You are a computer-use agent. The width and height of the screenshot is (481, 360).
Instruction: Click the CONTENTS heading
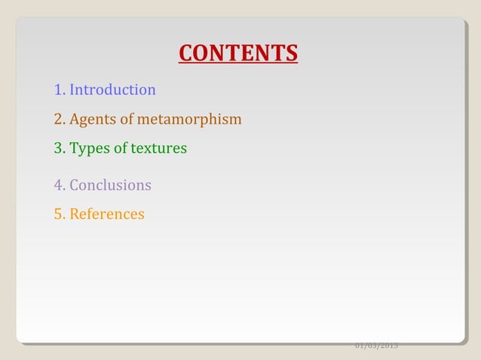pyautogui.click(x=238, y=54)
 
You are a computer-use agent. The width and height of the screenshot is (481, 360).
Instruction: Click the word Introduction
pyautogui.click(x=112, y=90)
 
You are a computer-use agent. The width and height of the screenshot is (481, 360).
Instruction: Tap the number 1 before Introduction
pyautogui.click(x=59, y=90)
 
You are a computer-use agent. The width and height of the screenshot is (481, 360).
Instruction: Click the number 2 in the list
pyautogui.click(x=59, y=120)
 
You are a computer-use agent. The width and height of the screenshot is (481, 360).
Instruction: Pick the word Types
pyautogui.click(x=89, y=149)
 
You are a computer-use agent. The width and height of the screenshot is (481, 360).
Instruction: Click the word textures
pyautogui.click(x=159, y=149)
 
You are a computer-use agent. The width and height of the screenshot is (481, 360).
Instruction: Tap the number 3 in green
pyautogui.click(x=59, y=149)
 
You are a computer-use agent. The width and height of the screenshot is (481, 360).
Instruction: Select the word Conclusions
pyautogui.click(x=110, y=185)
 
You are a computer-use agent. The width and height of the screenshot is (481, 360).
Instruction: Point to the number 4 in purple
pyautogui.click(x=59, y=185)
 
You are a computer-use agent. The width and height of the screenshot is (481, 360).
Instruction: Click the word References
pyautogui.click(x=106, y=215)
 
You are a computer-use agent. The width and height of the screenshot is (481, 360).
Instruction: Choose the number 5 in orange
pyautogui.click(x=59, y=215)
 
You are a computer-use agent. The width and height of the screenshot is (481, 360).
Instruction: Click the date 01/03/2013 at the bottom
pyautogui.click(x=376, y=346)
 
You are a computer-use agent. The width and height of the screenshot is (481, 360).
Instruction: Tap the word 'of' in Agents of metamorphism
pyautogui.click(x=123, y=120)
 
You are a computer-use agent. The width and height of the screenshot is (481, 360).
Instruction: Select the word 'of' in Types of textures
pyautogui.click(x=119, y=149)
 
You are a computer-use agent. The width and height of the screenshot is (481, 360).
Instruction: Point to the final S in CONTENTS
pyautogui.click(x=291, y=54)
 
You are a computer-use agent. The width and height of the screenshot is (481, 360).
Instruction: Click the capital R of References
pyautogui.click(x=74, y=215)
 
